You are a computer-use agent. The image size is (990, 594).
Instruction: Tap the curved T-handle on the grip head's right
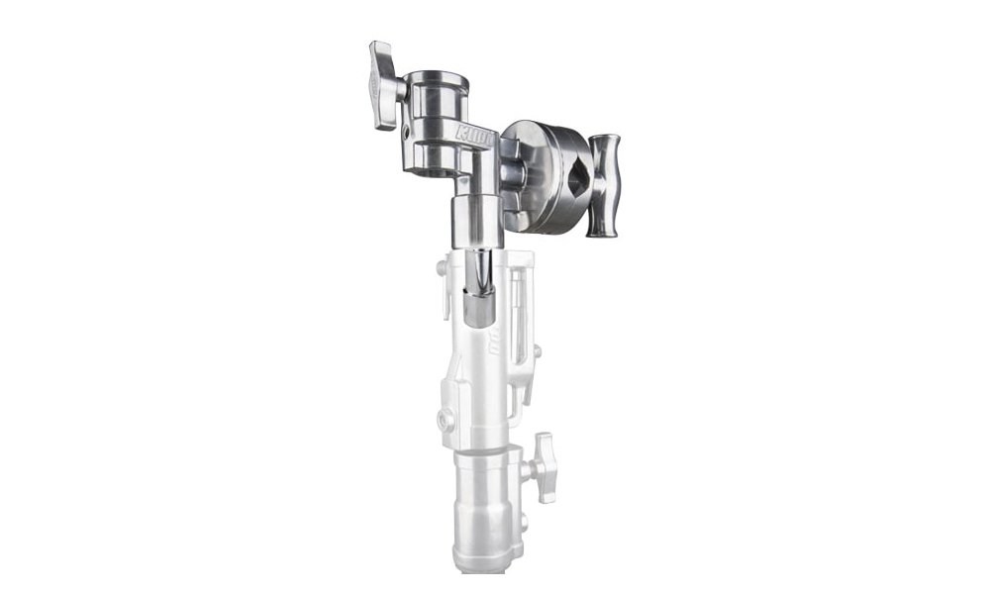(x=603, y=185)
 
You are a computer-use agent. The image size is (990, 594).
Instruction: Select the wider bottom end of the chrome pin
(x=475, y=309)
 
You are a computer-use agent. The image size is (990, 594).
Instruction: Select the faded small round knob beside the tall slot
(x=536, y=350)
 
